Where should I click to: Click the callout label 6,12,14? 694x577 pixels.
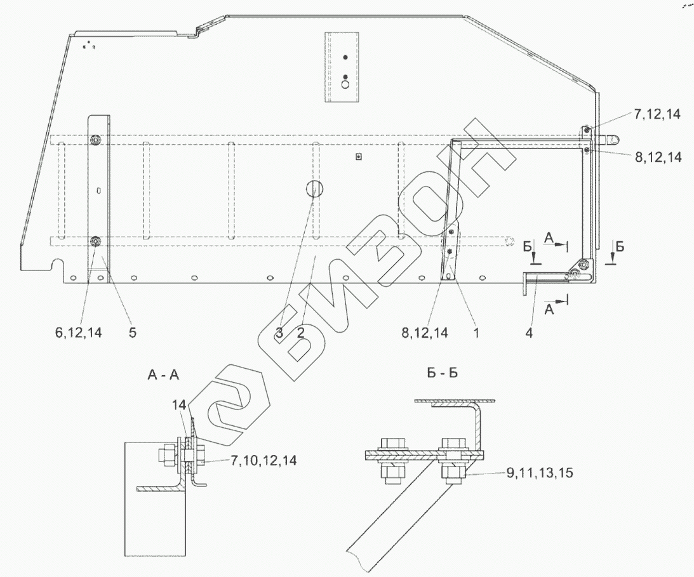79,333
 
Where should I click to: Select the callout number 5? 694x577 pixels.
133,333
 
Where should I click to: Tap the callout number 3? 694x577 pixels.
279,333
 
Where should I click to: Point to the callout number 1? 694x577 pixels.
476,333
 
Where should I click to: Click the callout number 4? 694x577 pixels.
529,333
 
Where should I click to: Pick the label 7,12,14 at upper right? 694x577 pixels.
657,114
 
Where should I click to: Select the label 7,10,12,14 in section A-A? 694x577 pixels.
264,461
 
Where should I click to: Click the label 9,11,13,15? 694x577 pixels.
540,473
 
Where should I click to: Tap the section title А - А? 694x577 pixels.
163,376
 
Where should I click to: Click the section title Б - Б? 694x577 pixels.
443,373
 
